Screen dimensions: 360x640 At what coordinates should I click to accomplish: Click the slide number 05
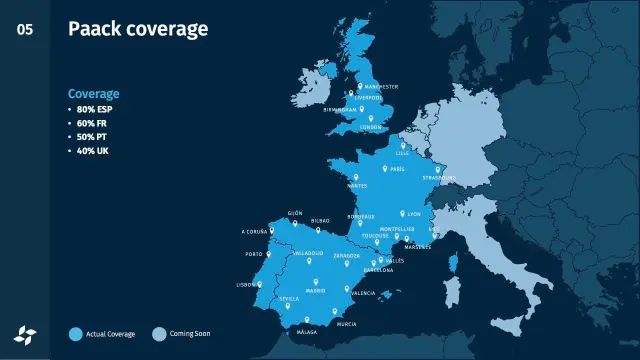[x=24, y=29]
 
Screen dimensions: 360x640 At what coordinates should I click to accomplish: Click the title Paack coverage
[x=138, y=28]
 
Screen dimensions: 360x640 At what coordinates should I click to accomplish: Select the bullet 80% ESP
[x=93, y=109]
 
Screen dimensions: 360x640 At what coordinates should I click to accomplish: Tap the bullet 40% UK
[x=92, y=150]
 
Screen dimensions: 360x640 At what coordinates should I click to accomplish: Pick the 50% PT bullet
[x=92, y=136]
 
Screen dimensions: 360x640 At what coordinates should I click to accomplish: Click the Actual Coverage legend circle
[x=75, y=333]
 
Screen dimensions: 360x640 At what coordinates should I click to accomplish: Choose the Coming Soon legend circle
[x=158, y=333]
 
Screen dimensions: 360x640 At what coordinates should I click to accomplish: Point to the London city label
[x=371, y=127]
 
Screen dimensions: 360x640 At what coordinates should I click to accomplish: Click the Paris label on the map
[x=397, y=168]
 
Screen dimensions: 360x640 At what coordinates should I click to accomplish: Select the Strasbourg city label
[x=439, y=178]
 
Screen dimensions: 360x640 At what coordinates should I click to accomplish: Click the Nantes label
[x=357, y=186]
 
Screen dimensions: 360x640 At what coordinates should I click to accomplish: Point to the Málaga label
[x=307, y=331]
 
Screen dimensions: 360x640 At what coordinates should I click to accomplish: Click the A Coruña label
[x=255, y=231]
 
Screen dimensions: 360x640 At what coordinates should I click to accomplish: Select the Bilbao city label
[x=320, y=220]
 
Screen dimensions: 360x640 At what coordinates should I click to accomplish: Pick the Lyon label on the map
[x=415, y=214]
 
